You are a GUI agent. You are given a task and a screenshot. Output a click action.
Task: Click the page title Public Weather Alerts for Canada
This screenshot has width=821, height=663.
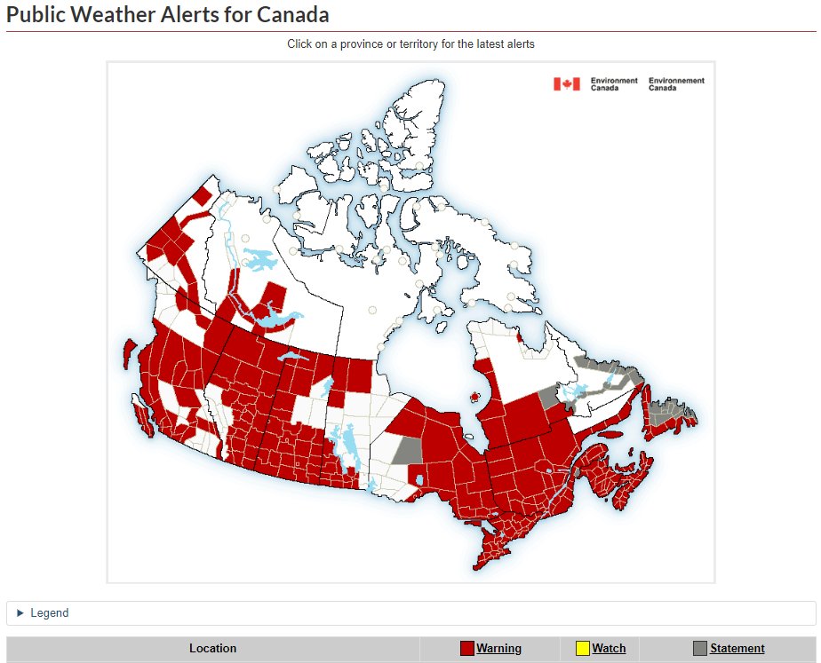click(168, 14)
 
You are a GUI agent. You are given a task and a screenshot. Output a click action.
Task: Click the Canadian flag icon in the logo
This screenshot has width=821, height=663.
click(567, 84)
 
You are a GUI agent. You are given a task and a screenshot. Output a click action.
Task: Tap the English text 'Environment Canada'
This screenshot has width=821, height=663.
click(614, 84)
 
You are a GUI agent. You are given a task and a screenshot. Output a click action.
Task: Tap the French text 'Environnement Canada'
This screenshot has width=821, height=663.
click(676, 84)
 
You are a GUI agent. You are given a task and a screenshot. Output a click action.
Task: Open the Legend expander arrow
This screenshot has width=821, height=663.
click(20, 613)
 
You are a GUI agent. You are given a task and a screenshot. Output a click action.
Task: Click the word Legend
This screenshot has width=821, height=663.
click(49, 613)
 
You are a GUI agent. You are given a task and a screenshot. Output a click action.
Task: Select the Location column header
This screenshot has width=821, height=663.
click(213, 649)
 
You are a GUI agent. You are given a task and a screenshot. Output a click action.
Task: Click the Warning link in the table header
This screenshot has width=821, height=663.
click(498, 649)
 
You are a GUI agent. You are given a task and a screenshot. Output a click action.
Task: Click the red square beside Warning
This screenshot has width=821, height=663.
click(467, 649)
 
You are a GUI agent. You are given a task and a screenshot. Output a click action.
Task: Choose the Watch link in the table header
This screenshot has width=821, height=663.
click(609, 649)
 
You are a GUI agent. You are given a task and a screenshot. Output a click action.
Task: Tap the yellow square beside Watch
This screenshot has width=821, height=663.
click(583, 649)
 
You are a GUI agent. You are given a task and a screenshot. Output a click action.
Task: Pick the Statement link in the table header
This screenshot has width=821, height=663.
click(737, 649)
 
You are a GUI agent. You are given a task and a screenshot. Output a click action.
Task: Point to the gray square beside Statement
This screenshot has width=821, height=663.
click(700, 649)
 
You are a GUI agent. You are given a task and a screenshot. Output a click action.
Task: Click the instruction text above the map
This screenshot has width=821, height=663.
click(410, 43)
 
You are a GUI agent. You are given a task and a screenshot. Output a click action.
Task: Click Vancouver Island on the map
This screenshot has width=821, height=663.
click(142, 414)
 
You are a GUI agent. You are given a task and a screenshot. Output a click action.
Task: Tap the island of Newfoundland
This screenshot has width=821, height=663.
click(668, 416)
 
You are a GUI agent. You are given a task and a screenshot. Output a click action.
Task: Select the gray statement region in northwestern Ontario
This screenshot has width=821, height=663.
click(407, 450)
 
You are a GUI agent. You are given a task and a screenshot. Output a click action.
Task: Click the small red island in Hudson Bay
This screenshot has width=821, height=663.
click(474, 397)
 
